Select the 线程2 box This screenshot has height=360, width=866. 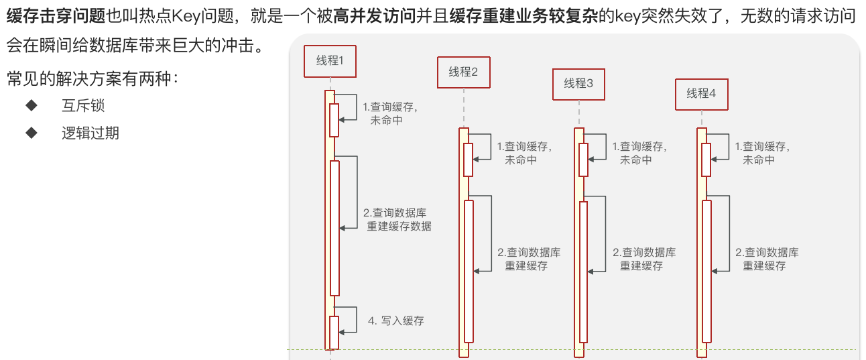[463, 72]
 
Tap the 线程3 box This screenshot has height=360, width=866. [578, 83]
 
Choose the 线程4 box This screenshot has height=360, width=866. [701, 93]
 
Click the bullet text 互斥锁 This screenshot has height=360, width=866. [83, 106]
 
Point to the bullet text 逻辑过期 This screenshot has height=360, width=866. [90, 133]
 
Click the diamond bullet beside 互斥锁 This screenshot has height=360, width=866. [31, 106]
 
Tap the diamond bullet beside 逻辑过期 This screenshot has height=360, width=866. [31, 133]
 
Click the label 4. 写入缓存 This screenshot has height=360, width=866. [396, 320]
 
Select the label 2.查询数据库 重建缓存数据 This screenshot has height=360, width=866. [397, 219]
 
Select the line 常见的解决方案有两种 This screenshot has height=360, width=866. [92, 79]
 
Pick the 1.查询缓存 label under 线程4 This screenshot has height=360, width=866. [762, 153]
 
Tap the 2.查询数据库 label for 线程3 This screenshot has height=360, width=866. [644, 259]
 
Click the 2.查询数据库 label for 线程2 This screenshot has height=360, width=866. [529, 259]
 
